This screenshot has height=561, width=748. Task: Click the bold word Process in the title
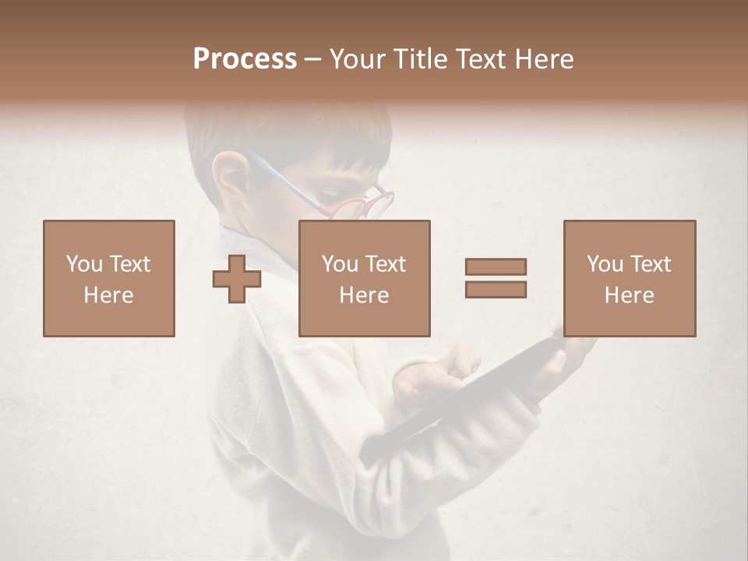click(245, 59)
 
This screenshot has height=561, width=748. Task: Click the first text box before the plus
click(108, 278)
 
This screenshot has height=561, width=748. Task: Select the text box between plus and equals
click(364, 278)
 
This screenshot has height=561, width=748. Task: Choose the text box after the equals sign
click(629, 278)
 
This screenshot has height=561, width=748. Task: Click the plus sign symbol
click(237, 279)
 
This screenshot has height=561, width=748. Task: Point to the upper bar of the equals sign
click(496, 266)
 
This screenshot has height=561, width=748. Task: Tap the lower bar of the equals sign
click(496, 289)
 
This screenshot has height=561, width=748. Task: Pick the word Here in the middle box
click(364, 295)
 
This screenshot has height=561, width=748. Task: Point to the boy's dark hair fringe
click(343, 152)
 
